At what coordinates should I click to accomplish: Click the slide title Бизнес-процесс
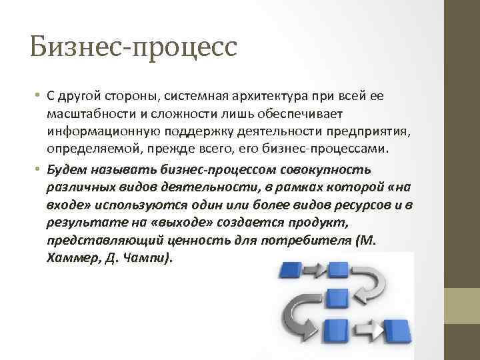coord(133,47)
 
